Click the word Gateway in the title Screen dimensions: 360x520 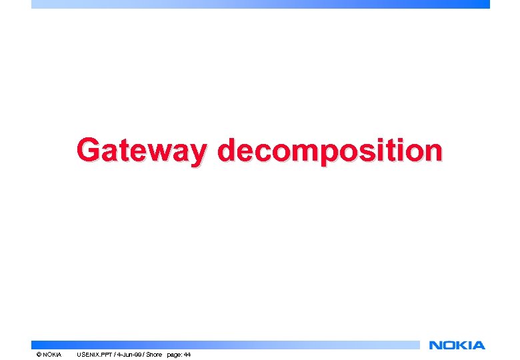click(x=141, y=150)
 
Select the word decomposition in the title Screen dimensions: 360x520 click(x=329, y=150)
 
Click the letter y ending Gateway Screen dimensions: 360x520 click(x=197, y=153)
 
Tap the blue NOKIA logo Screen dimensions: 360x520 click(x=457, y=345)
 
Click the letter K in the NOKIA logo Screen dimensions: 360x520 click(x=459, y=345)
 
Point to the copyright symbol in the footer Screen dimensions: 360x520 click(x=39, y=355)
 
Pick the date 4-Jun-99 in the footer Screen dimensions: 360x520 click(x=131, y=355)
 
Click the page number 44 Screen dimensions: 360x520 click(x=187, y=355)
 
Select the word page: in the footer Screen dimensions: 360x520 click(x=174, y=355)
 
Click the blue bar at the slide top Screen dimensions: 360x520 click(x=260, y=4)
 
